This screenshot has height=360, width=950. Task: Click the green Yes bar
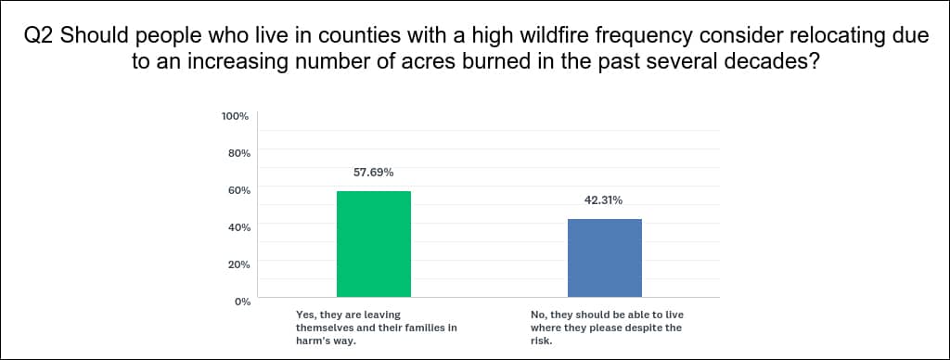point(374,244)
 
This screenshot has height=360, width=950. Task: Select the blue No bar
point(605,258)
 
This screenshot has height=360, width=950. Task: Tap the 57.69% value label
point(374,173)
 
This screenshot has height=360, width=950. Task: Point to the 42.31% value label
point(603,200)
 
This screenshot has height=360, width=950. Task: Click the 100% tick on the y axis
point(237,116)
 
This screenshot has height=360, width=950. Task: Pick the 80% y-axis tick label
point(238,153)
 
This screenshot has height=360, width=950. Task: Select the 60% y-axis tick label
point(238,189)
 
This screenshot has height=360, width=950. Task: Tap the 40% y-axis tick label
point(238,227)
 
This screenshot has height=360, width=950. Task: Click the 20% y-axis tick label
point(238,264)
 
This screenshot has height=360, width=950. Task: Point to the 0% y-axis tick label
point(241,302)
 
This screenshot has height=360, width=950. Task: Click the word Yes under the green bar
point(303,315)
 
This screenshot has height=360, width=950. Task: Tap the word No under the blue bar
point(537,315)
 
